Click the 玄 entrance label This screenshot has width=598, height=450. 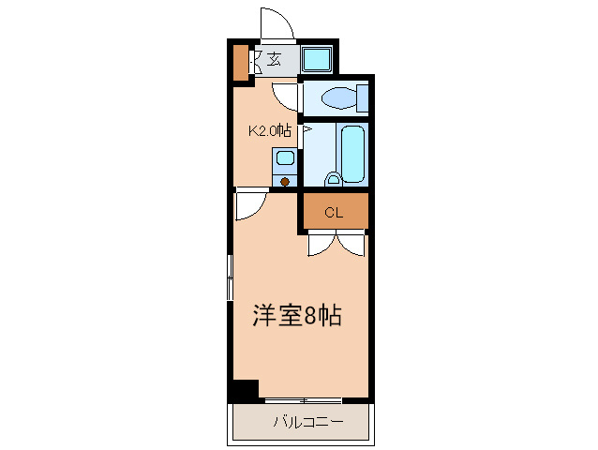[274, 60]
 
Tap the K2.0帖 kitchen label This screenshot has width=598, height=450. [269, 131]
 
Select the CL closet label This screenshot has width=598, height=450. [334, 213]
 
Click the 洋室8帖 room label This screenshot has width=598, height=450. [295, 316]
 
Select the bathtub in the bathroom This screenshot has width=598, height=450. [353, 154]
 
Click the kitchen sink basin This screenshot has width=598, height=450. [284, 160]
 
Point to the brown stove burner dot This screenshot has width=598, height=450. [284, 181]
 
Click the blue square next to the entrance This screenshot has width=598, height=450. [316, 60]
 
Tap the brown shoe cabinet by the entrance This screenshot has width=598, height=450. [241, 62]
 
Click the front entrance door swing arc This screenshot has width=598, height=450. [274, 22]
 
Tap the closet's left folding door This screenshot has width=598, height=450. [320, 244]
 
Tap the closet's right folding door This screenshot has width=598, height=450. [351, 244]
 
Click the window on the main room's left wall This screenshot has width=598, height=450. [230, 277]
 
